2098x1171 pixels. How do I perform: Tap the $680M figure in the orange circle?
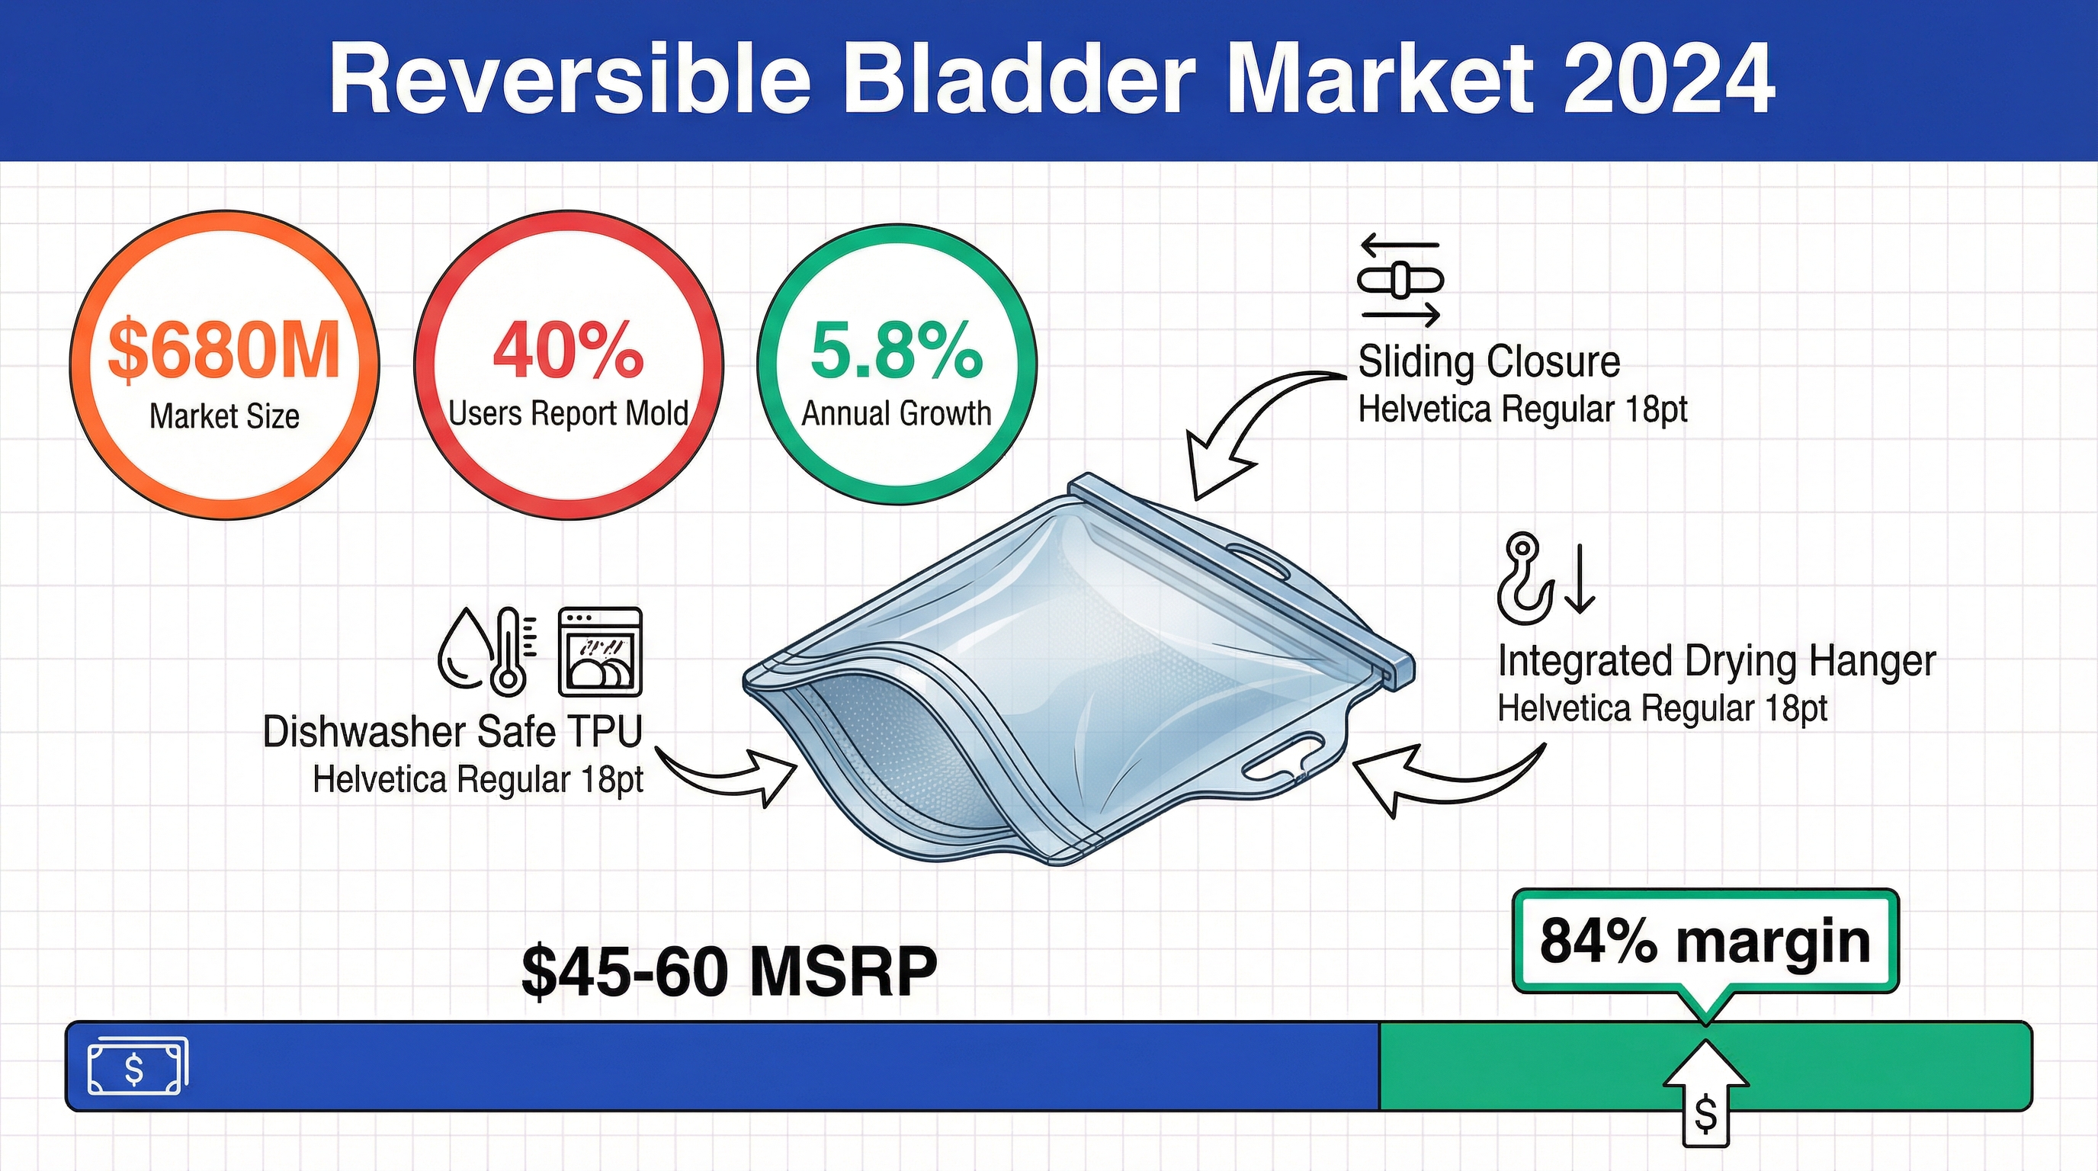point(224,350)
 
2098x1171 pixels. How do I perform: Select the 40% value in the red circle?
point(569,350)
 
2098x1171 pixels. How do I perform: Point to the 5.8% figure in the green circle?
point(897,350)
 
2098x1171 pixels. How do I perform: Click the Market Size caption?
point(224,416)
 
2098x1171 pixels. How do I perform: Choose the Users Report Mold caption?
point(569,414)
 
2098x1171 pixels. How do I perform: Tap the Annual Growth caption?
point(897,414)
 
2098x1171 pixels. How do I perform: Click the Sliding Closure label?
point(1489,361)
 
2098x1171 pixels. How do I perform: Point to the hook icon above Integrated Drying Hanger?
point(1523,578)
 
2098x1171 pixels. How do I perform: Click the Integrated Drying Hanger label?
point(1717,661)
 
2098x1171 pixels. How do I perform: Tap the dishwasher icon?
point(600,652)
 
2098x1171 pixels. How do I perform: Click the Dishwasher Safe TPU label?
point(453,731)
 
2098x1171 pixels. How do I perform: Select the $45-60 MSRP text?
point(729,970)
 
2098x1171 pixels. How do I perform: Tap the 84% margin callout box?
point(1705,942)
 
